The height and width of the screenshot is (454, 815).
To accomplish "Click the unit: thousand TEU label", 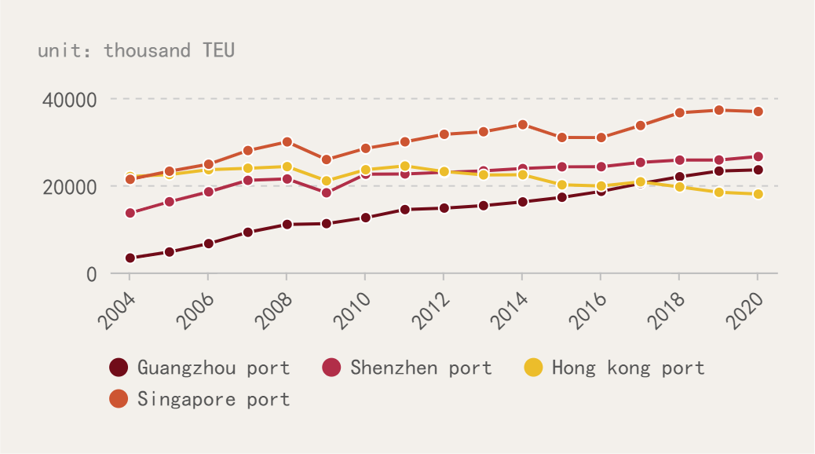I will pyautogui.click(x=136, y=50).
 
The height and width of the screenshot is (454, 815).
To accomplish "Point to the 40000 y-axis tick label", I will pyautogui.click(x=69, y=100).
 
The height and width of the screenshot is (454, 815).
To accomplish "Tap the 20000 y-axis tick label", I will pyautogui.click(x=69, y=187).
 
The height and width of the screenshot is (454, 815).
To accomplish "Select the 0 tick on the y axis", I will pyautogui.click(x=91, y=274).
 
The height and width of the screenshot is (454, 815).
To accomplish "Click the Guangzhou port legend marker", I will pyautogui.click(x=119, y=367).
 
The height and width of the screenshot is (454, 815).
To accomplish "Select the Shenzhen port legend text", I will pyautogui.click(x=421, y=368).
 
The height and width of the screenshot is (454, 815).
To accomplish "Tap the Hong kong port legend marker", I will pyautogui.click(x=533, y=367).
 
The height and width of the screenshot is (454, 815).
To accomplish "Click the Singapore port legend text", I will pyautogui.click(x=214, y=399).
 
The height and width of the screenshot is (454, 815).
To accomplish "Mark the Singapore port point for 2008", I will pyautogui.click(x=287, y=142).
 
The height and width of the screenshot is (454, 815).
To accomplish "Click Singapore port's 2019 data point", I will pyautogui.click(x=718, y=110).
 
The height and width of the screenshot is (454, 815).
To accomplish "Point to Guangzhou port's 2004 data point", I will pyautogui.click(x=130, y=258).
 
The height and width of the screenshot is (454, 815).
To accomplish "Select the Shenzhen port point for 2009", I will pyautogui.click(x=326, y=192).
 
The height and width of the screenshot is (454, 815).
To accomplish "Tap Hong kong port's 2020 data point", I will pyautogui.click(x=758, y=194).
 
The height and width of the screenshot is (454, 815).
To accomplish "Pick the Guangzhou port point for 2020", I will pyautogui.click(x=758, y=170).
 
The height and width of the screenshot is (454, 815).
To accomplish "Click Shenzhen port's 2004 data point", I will pyautogui.click(x=130, y=213).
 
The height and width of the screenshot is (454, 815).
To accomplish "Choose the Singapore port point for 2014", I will pyautogui.click(x=522, y=125).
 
